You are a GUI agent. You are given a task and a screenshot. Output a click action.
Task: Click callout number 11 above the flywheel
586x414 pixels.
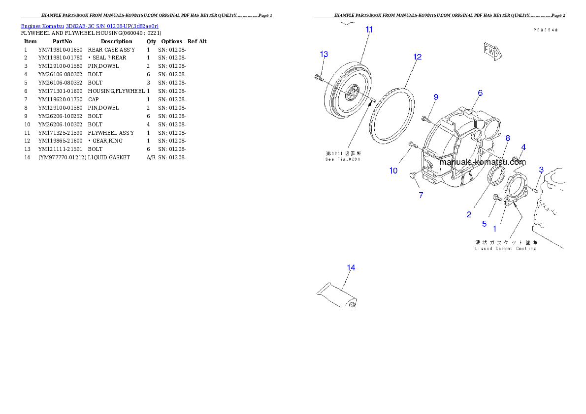coord(369,30)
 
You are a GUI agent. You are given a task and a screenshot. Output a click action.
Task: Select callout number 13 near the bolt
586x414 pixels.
coord(323,54)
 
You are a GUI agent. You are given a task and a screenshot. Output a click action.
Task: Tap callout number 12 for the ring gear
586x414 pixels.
coord(418,57)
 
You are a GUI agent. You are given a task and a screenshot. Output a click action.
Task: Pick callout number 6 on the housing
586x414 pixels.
coord(480,93)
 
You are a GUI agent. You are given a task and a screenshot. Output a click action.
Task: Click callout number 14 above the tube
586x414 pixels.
coord(351,268)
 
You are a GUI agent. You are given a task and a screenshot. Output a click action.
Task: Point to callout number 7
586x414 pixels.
coord(421,195)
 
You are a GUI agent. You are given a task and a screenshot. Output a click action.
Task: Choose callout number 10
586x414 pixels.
coord(393,171)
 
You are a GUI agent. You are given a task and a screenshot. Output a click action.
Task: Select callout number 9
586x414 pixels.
coord(435,97)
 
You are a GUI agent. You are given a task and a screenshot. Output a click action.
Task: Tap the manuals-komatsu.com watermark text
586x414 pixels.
coord(482,162)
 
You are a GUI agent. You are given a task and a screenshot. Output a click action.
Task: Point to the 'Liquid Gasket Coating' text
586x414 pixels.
coord(505,249)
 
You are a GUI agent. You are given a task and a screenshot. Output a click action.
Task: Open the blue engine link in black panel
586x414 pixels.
coord(90,26)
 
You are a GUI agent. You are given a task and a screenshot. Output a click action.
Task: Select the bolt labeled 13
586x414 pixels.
coord(318,77)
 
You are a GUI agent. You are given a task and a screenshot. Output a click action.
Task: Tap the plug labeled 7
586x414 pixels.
coord(413,175)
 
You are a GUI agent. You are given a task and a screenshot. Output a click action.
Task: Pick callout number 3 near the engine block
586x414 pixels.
coord(541,170)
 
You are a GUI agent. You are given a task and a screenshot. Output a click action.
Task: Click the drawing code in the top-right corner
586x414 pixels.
coord(545,30)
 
